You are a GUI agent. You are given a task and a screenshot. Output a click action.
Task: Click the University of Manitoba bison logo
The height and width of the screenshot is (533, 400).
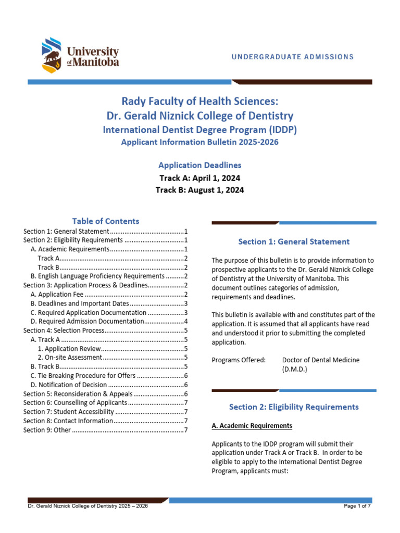52,55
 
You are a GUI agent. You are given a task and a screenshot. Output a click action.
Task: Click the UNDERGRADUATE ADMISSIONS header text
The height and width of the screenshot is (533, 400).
292,57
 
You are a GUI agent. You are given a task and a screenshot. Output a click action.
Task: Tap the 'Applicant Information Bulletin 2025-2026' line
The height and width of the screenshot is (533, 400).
199,142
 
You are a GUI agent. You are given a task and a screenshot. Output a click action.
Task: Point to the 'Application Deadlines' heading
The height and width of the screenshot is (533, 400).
199,166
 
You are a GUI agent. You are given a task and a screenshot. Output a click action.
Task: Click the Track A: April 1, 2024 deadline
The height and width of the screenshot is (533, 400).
199,178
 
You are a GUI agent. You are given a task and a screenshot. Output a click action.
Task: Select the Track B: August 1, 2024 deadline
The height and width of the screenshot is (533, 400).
199,190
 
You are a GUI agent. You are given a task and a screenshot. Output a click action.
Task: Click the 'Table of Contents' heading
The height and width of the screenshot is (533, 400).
106,221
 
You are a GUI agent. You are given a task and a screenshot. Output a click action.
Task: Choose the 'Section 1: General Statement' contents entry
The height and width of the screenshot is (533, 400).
66,231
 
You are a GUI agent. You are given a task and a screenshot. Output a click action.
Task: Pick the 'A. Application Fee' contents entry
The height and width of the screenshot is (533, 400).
57,294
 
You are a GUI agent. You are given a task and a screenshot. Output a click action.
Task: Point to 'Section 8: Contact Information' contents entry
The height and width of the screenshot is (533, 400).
68,421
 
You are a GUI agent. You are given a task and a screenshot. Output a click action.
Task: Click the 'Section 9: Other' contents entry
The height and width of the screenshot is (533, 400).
47,429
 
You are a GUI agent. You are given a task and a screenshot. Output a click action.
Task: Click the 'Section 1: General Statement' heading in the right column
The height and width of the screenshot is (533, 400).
294,242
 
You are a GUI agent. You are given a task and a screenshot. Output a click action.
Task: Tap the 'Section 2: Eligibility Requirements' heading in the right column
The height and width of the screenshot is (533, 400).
294,407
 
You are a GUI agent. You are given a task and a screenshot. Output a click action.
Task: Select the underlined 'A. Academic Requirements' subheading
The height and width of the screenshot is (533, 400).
252,426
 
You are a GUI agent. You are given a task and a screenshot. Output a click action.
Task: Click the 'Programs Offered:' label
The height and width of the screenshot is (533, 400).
239,360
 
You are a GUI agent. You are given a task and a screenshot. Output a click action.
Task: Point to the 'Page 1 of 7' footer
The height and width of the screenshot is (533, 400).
357,506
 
